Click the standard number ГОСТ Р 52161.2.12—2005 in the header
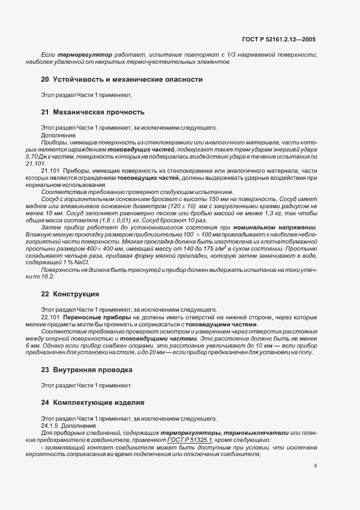point(278,39)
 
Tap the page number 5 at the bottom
point(315,466)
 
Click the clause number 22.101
point(51,317)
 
